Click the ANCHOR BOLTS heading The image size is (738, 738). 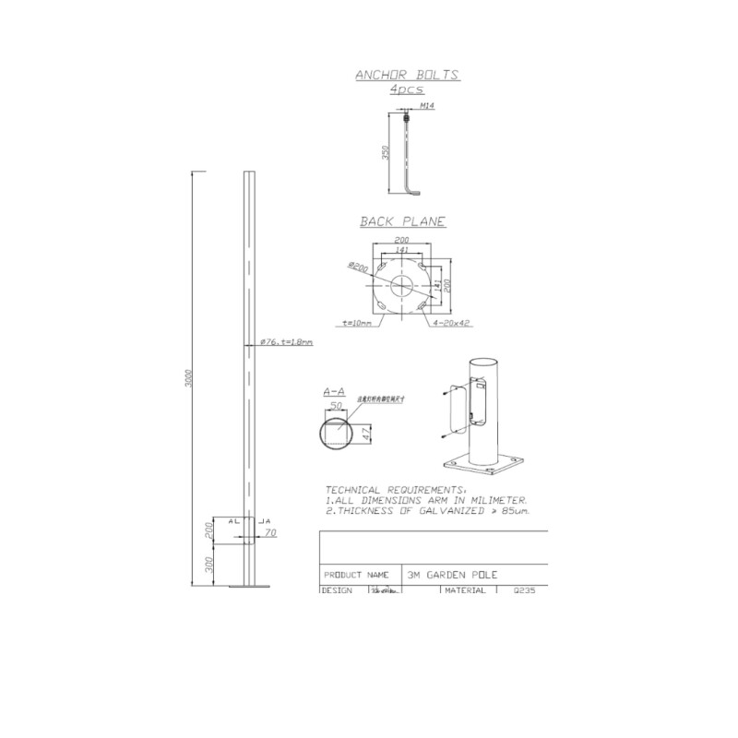pyautogui.click(x=407, y=77)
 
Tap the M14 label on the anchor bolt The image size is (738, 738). pyautogui.click(x=426, y=107)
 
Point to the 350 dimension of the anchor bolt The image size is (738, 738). pyautogui.click(x=387, y=152)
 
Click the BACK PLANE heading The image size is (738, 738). pyautogui.click(x=402, y=221)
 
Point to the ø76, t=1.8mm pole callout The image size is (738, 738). pyautogui.click(x=286, y=341)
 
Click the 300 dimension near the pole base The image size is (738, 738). pyautogui.click(x=209, y=562)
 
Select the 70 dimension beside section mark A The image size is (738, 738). pyautogui.click(x=270, y=532)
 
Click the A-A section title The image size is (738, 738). pyautogui.click(x=334, y=392)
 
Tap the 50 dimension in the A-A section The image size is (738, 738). pyautogui.click(x=338, y=405)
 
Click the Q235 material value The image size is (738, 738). pyautogui.click(x=523, y=590)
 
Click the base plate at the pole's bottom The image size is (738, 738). pyautogui.click(x=247, y=585)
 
